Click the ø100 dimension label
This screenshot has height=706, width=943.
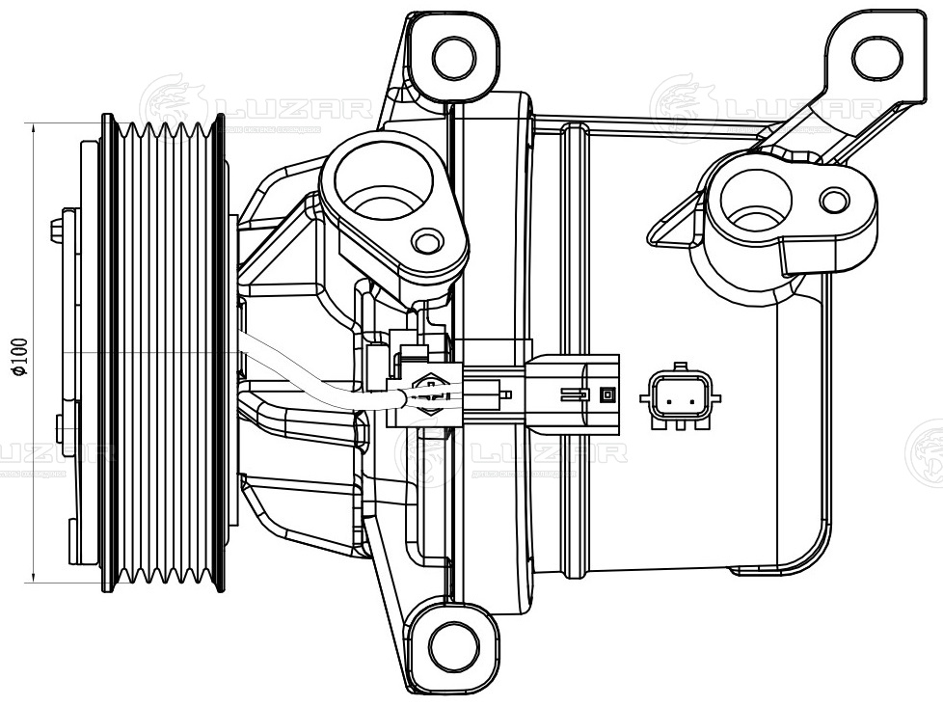(20, 354)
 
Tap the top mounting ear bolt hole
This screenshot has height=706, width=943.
(453, 57)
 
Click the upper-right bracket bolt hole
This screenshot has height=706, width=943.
(876, 57)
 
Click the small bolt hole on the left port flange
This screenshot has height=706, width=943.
(426, 241)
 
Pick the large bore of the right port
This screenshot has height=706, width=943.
(755, 202)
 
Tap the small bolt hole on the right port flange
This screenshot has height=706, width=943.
(834, 201)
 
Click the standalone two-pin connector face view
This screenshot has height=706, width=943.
(679, 396)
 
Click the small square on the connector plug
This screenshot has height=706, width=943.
(606, 394)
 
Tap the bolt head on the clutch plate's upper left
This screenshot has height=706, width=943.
(57, 231)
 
